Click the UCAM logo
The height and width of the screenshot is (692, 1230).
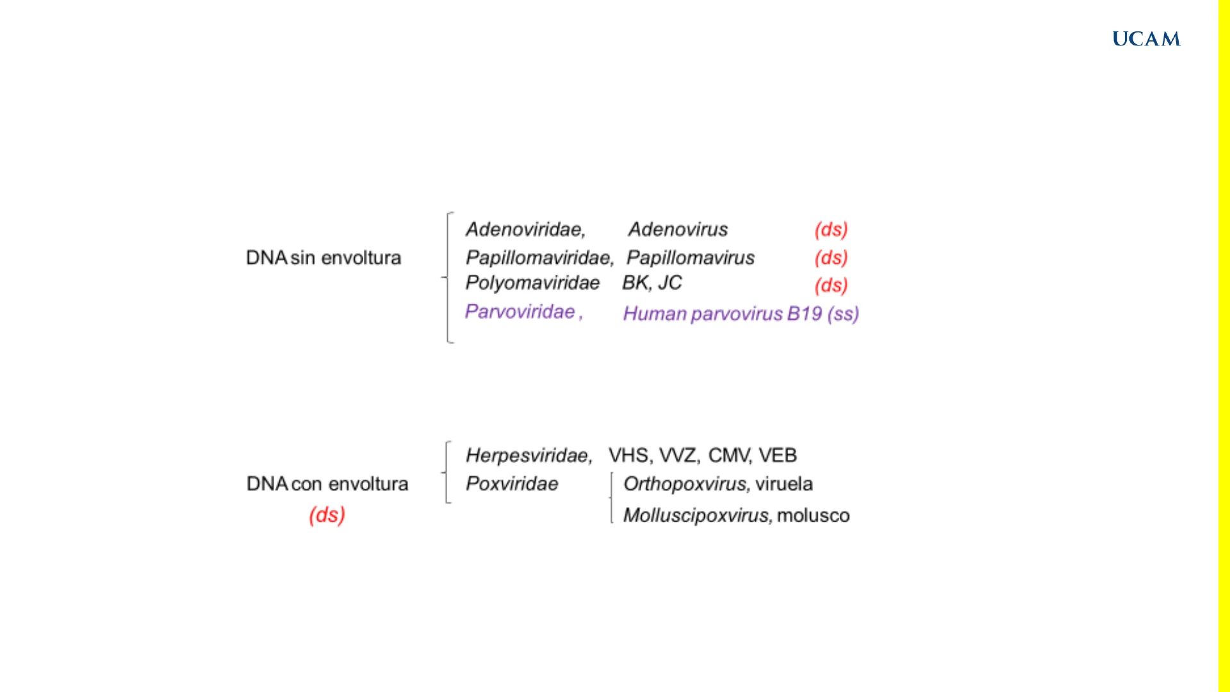[x=1146, y=39]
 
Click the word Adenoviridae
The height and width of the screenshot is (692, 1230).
[x=525, y=229]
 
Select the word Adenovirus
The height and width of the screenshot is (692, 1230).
[x=678, y=229]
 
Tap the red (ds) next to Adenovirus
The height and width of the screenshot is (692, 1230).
[x=831, y=229]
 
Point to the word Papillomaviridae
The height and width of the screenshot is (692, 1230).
[x=539, y=258]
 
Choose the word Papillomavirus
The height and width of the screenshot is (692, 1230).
[x=691, y=258]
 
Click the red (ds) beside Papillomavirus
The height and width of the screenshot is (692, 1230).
[x=831, y=258]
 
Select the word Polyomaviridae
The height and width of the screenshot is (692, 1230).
[x=532, y=283]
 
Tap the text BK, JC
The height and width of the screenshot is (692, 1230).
[x=652, y=283]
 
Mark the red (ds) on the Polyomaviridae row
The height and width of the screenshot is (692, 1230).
[x=831, y=285]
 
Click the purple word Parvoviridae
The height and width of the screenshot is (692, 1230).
[x=520, y=311]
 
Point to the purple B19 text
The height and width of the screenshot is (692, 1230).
[x=805, y=314]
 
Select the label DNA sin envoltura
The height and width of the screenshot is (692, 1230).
[x=324, y=258]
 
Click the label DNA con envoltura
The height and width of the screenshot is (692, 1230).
[x=327, y=484]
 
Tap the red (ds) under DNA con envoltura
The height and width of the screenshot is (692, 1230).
[x=327, y=515]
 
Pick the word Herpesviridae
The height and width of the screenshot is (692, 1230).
[x=528, y=456]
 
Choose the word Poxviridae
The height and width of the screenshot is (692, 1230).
[x=512, y=484]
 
